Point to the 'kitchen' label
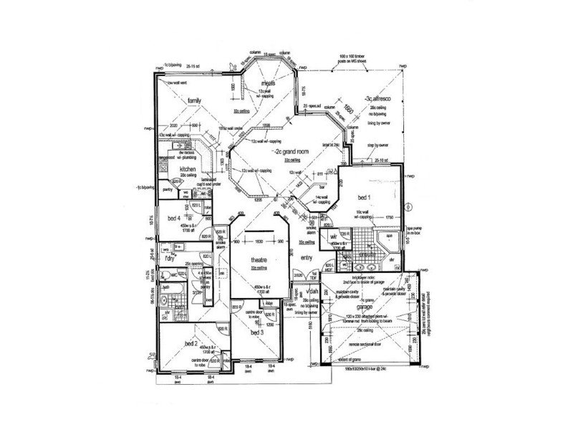point(178,168)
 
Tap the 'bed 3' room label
point(257,333)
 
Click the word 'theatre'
point(258,260)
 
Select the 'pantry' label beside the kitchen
point(167,189)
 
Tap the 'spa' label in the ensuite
point(390,234)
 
